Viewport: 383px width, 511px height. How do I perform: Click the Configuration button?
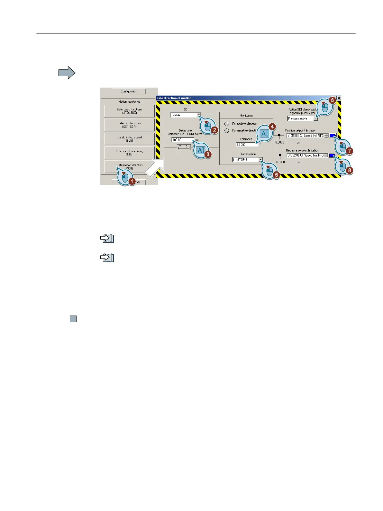[x=129, y=91]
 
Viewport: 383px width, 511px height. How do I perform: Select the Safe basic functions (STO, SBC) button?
[x=129, y=111]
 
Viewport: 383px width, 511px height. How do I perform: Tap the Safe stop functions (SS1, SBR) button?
[x=129, y=125]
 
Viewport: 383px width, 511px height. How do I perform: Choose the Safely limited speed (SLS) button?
[x=129, y=139]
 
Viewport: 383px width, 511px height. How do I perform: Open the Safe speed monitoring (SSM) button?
[x=129, y=153]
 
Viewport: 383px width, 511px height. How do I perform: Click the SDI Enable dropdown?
[x=186, y=115]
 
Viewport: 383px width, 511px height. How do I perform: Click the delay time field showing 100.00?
[x=182, y=140]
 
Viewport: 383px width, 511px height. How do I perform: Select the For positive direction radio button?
[x=227, y=124]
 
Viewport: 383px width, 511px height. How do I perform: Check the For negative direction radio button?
[x=227, y=131]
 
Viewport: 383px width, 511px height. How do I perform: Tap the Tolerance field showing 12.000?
[x=247, y=145]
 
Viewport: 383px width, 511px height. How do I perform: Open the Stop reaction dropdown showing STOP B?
[x=247, y=160]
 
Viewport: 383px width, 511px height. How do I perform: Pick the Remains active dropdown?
[x=302, y=119]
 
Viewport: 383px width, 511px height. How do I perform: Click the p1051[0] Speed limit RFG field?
[x=305, y=136]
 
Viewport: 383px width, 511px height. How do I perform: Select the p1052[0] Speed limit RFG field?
[x=305, y=156]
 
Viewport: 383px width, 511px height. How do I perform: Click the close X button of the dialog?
[x=339, y=98]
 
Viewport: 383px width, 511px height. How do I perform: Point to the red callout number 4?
[x=272, y=127]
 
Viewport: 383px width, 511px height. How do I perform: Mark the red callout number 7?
[x=350, y=150]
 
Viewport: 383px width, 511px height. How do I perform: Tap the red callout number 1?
[x=132, y=181]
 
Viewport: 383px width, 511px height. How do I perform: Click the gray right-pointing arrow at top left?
[x=67, y=73]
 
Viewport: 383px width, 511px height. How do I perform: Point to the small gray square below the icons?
[x=73, y=319]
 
